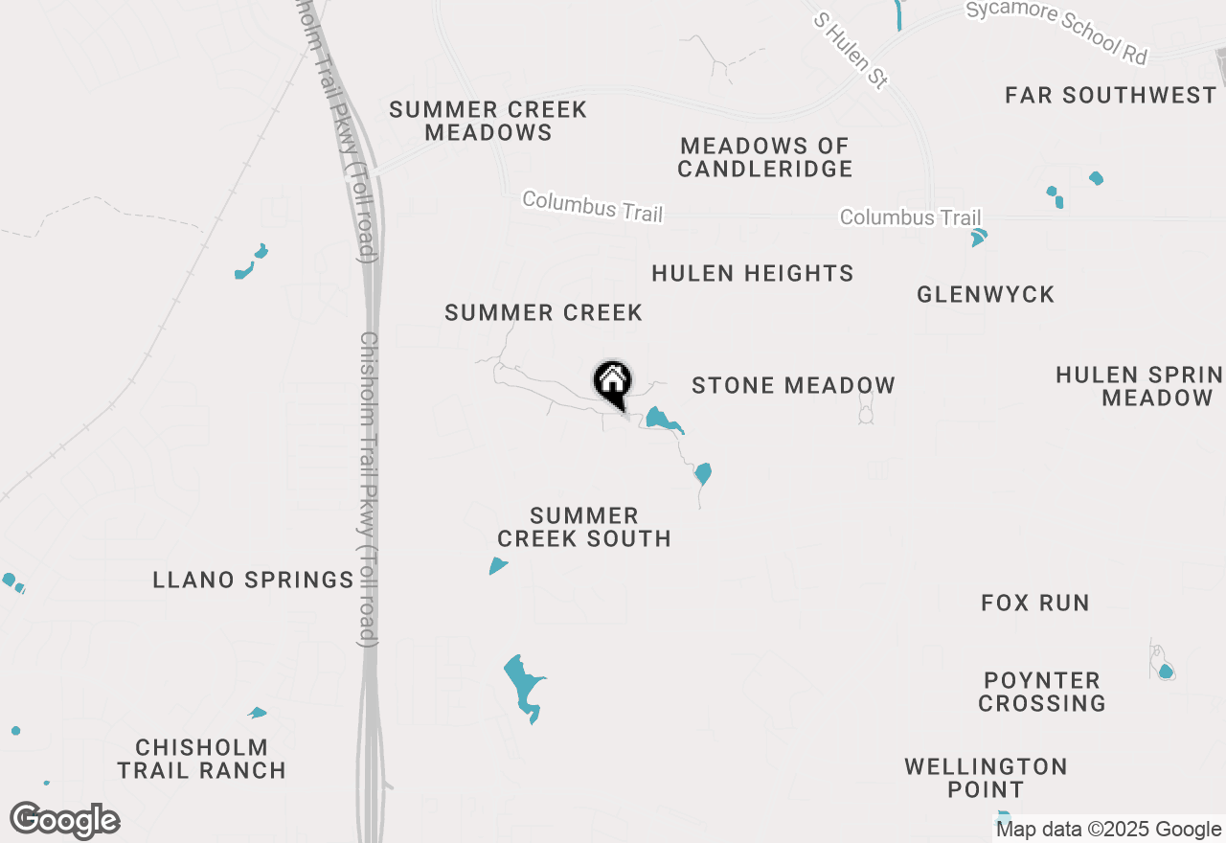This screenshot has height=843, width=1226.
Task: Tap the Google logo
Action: click(65, 821)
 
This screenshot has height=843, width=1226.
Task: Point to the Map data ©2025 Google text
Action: click(1108, 830)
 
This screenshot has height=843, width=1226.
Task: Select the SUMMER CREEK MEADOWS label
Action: click(488, 121)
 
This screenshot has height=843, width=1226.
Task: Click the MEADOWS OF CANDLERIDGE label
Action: click(765, 157)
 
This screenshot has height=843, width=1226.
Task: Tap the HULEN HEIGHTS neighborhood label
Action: click(753, 274)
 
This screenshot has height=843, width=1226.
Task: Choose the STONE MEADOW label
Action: click(793, 385)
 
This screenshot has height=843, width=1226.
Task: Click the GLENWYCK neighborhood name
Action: click(986, 294)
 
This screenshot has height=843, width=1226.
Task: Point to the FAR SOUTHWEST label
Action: click(1110, 95)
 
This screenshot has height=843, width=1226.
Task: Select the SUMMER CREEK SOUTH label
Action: click(584, 527)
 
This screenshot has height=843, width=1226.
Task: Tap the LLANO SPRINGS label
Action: click(254, 580)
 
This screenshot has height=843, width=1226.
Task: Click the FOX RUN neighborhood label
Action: click(1035, 603)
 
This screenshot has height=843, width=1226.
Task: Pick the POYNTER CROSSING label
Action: click(1042, 692)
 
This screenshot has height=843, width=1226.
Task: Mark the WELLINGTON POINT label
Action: click(986, 778)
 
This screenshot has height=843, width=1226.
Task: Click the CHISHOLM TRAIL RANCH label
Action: click(201, 759)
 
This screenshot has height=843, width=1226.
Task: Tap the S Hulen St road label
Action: click(850, 51)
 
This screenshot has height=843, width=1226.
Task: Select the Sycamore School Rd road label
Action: click(1056, 32)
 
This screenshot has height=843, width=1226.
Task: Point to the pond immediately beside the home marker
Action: click(661, 420)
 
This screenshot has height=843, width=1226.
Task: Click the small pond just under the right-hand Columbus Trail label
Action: click(978, 238)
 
